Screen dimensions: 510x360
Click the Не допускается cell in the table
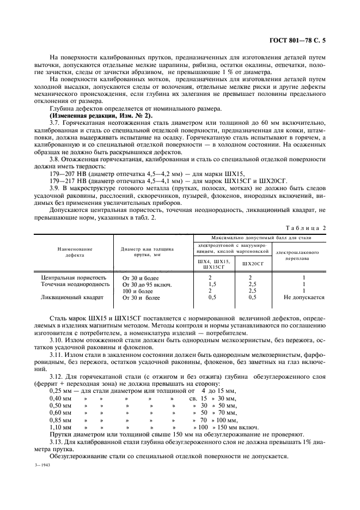[x=304, y=298]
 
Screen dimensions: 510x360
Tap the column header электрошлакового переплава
[x=304, y=256]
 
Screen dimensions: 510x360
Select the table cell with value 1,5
[x=213, y=284]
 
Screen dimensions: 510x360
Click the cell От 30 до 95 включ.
[x=147, y=284]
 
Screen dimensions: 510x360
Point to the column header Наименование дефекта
[x=75, y=252]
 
